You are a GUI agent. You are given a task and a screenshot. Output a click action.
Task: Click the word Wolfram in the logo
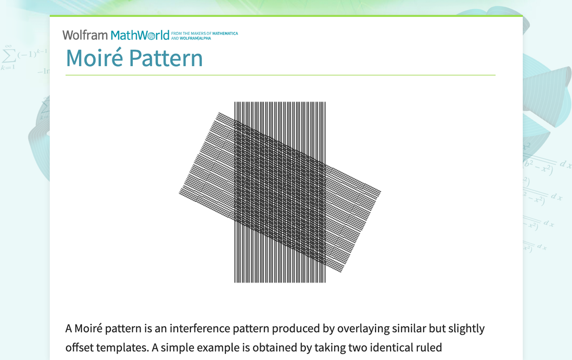pos(85,35)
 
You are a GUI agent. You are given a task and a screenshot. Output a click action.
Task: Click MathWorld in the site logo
pos(140,35)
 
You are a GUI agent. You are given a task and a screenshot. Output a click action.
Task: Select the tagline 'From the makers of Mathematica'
pos(204,34)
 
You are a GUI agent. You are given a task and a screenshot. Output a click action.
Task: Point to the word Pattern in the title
pos(166,58)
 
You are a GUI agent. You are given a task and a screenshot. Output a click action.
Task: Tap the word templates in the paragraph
pos(125,348)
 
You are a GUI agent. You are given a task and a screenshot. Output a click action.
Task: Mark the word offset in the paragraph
pos(78,348)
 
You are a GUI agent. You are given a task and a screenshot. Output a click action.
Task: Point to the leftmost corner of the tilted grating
pos(179,191)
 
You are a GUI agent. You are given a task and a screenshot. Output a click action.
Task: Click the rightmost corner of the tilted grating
pos(381,191)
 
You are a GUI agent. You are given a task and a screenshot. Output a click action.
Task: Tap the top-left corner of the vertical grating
pos(235,102)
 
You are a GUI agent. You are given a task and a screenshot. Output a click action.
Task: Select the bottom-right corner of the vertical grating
pos(325,282)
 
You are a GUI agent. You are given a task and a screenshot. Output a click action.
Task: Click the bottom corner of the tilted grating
pos(342,271)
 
